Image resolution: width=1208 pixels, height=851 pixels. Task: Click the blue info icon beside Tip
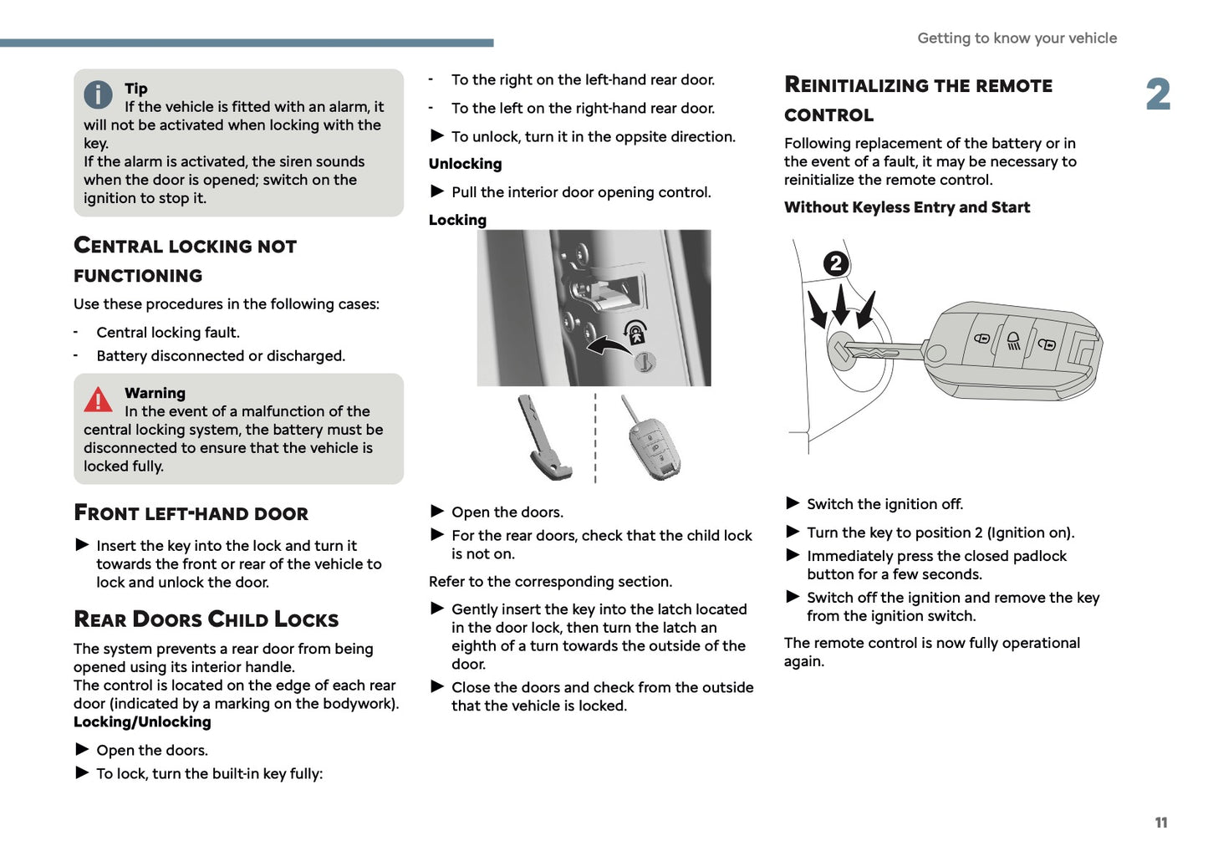point(98,94)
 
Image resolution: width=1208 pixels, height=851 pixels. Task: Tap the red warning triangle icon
point(98,400)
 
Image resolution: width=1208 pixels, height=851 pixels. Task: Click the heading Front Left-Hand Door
point(191,512)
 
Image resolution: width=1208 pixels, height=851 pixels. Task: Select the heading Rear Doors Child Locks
point(206,619)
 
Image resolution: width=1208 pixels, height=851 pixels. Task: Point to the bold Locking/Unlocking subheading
point(142,722)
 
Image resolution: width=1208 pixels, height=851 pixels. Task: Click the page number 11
point(1160,823)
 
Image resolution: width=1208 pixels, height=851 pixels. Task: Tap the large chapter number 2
point(1158,94)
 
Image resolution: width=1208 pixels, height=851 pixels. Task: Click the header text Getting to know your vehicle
point(1017,38)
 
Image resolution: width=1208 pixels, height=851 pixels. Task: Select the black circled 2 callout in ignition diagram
point(835,264)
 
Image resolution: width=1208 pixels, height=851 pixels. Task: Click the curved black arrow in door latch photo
point(606,343)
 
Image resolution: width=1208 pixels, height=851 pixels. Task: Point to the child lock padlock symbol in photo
point(635,333)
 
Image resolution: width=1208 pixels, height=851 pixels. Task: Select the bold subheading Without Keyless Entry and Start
point(906,207)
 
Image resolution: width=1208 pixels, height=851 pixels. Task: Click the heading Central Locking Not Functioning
point(185,260)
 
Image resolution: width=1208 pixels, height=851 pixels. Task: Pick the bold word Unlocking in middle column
point(465,164)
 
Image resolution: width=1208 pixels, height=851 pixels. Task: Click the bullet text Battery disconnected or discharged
point(221,356)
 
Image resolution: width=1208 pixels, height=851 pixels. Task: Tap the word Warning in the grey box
point(155,393)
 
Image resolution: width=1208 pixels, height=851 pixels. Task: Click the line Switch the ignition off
point(884,504)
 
